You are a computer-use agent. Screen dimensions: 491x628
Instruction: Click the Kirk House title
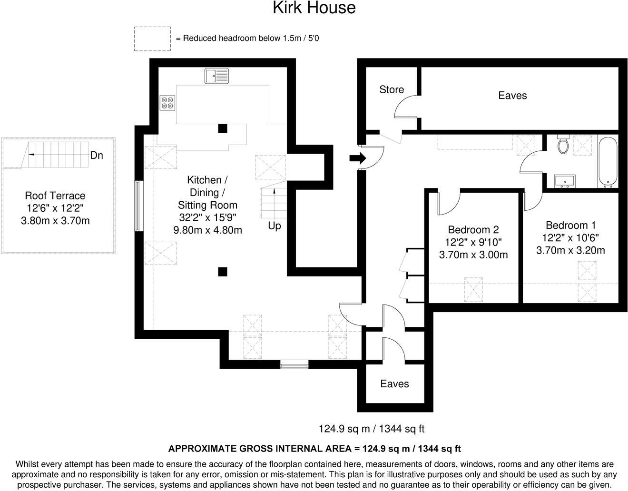314,8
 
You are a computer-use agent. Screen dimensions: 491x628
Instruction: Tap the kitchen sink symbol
216,76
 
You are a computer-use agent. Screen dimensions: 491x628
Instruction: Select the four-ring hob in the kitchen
167,102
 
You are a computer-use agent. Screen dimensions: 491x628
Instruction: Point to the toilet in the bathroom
563,144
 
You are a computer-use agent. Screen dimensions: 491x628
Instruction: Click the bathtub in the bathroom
608,162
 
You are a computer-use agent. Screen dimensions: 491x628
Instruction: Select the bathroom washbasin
565,181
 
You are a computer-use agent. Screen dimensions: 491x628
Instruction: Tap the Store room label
392,89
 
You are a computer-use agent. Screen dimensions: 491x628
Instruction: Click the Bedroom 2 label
473,230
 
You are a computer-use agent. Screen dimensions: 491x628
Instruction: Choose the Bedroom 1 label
570,226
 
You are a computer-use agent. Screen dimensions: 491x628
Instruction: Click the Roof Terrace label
55,196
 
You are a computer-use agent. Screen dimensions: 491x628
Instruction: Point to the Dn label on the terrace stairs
97,156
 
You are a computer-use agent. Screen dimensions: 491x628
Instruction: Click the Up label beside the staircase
275,226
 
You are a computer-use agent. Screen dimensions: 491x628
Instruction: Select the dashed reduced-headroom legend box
152,39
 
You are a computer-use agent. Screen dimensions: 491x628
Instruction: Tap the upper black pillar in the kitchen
222,128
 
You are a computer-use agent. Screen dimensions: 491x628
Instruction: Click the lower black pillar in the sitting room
222,272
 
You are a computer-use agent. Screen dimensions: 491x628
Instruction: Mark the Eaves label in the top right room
512,96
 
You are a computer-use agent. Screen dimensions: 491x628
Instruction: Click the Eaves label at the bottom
394,384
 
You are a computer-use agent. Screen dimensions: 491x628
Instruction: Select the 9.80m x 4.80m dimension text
207,230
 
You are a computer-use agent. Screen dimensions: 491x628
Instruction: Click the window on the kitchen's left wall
138,206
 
